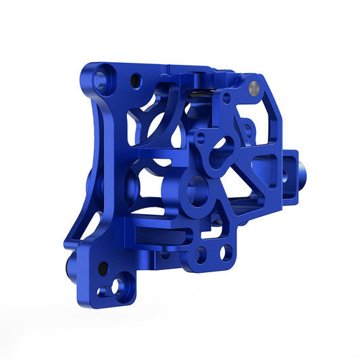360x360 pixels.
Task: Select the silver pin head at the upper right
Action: (x=254, y=86)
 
